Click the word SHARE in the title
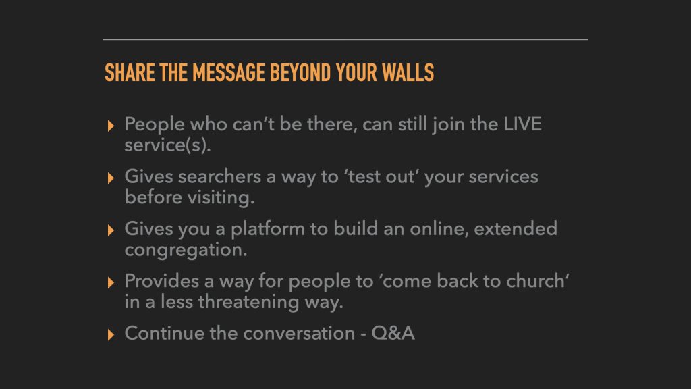click(130, 73)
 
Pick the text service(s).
click(167, 145)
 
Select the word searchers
click(219, 176)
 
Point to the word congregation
click(186, 250)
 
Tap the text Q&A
click(393, 333)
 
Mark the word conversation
click(299, 333)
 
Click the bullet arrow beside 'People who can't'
click(111, 126)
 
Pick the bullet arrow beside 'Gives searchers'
click(111, 178)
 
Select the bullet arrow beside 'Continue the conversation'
click(111, 334)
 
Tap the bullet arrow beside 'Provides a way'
click(111, 282)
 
